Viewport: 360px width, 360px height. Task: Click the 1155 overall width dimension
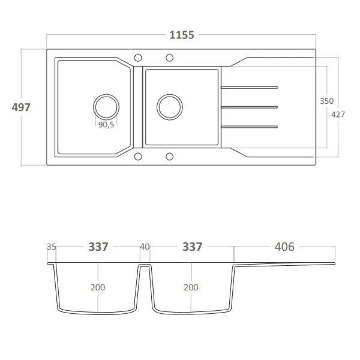(x=181, y=35)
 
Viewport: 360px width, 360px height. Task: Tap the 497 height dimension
(x=20, y=107)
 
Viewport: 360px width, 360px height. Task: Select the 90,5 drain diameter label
(x=106, y=125)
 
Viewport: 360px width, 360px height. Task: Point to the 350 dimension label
(x=326, y=101)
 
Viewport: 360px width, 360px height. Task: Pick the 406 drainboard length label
(x=284, y=247)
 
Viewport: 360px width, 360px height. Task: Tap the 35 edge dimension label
(x=51, y=247)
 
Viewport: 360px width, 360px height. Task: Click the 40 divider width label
(x=145, y=247)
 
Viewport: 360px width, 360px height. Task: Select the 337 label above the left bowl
(x=98, y=247)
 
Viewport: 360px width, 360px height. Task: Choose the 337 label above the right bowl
(x=192, y=247)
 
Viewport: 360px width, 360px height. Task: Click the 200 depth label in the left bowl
(x=98, y=287)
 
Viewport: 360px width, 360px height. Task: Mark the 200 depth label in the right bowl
(x=191, y=287)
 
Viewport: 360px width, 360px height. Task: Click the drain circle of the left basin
(x=106, y=107)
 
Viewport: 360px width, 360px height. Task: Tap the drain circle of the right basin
(x=169, y=107)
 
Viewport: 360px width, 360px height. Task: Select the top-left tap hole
(x=138, y=58)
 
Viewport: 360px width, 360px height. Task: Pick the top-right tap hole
(x=170, y=58)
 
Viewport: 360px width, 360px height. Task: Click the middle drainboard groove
(x=249, y=107)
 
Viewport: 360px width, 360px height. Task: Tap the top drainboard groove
(x=249, y=88)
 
